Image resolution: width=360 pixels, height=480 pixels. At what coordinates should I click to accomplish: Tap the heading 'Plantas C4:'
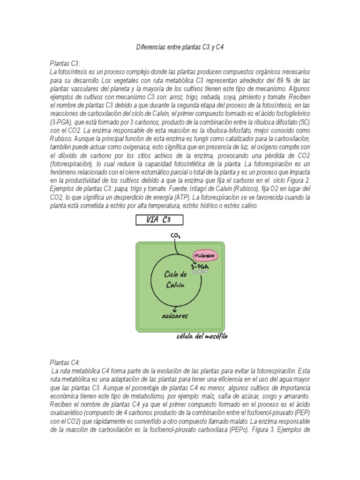point(65,362)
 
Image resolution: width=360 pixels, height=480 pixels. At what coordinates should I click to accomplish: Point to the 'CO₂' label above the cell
point(176,235)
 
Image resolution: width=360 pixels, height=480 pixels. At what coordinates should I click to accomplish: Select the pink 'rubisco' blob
point(205,256)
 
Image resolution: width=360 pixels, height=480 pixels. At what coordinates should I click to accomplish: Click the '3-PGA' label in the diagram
point(201,266)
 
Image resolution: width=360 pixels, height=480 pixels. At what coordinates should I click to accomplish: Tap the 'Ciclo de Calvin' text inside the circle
point(176,279)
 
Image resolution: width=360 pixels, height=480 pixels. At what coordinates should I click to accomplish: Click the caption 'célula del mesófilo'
point(202,337)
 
